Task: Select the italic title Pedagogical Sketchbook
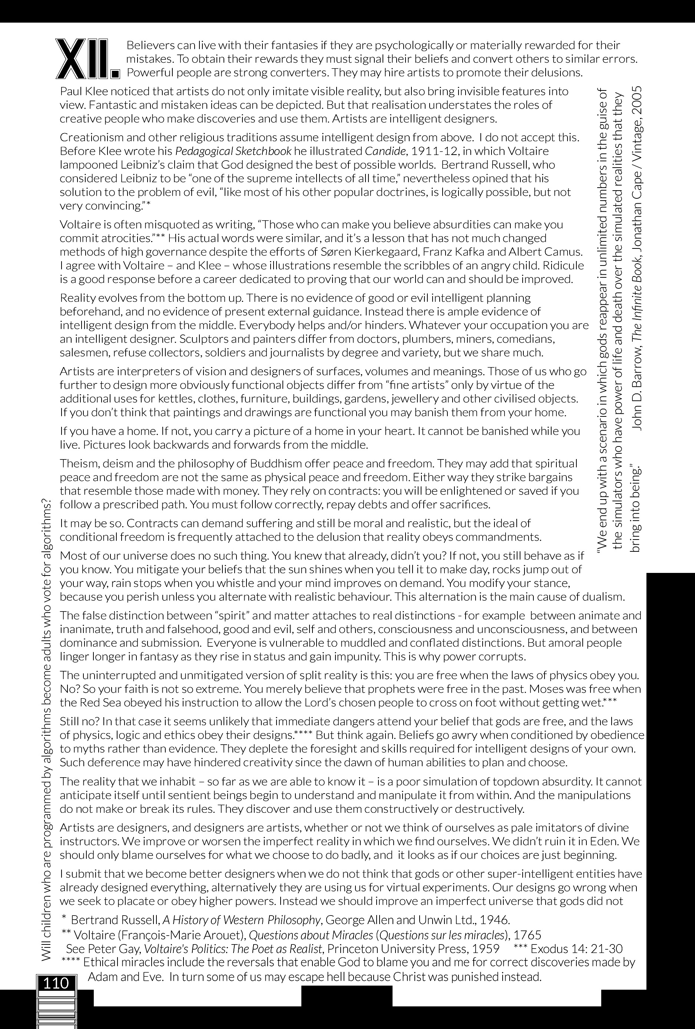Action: pyautogui.click(x=233, y=151)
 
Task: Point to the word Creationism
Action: pyautogui.click(x=89, y=137)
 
